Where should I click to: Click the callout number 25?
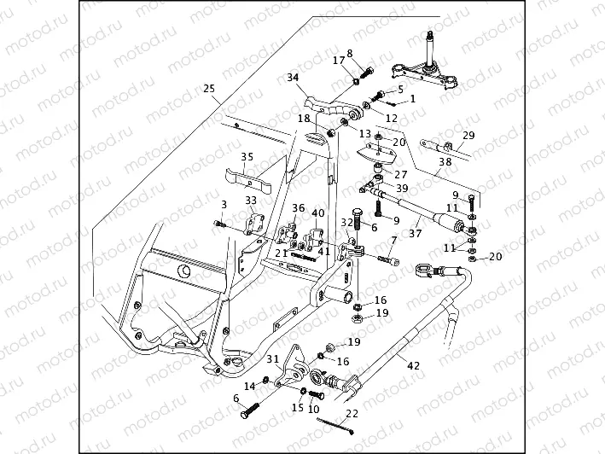(208, 89)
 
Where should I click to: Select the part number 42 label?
(413, 366)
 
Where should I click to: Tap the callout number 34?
(294, 78)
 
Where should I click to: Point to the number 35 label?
(247, 157)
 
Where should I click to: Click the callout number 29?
(468, 136)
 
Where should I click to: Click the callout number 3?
(224, 205)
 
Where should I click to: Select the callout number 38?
(445, 160)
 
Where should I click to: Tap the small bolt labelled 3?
(221, 224)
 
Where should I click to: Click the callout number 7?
(393, 242)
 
